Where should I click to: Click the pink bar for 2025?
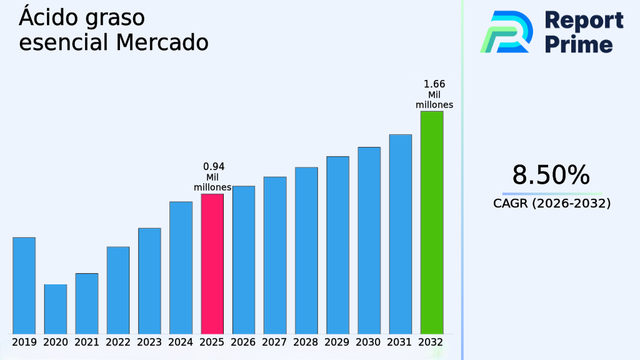point(212,263)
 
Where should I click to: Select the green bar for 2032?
point(431,222)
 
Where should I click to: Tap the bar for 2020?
point(55,309)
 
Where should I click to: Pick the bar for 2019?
point(24,285)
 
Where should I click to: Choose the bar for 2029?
point(337,244)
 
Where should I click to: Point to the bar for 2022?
point(118,290)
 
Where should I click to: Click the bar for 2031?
point(400,234)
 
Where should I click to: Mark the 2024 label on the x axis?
point(181,342)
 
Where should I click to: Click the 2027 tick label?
point(275,342)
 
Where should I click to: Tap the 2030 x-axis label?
point(369,342)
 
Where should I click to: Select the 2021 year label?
point(87,342)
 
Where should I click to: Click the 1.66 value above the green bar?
point(434,84)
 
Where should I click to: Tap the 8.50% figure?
point(551,175)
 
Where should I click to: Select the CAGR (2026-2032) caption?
point(551,204)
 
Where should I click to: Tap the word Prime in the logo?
point(579,44)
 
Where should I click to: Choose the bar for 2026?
point(244,259)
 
